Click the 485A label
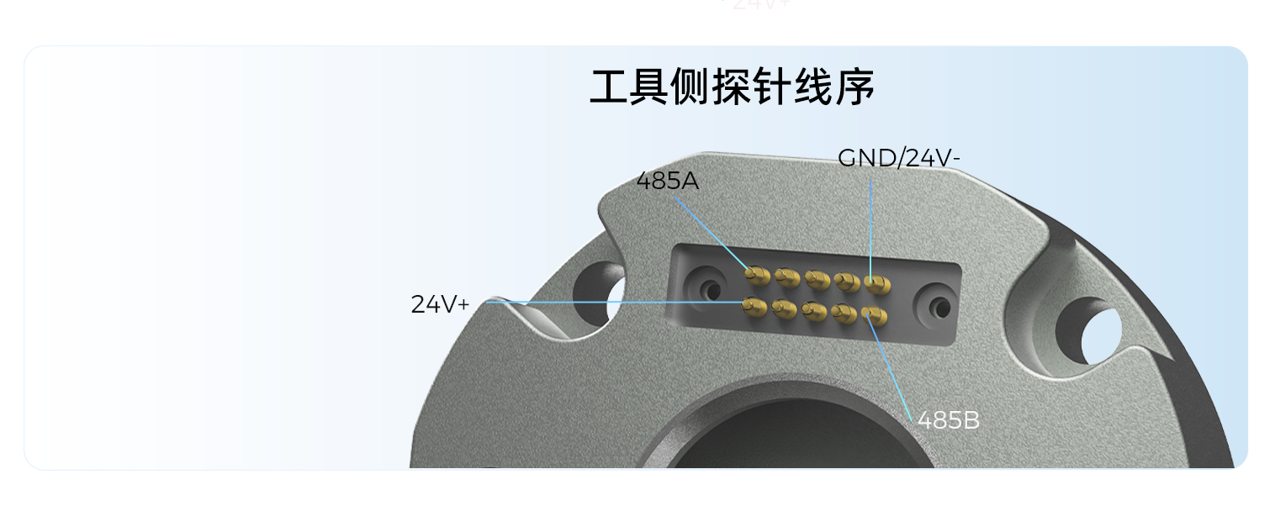[x=667, y=181]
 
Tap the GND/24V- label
[x=899, y=158]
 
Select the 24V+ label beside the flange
[x=440, y=304]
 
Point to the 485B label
[x=949, y=420]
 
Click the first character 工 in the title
[x=609, y=87]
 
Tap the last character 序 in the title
[x=855, y=87]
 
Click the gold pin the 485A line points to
[x=758, y=276]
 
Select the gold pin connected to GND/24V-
[x=877, y=284]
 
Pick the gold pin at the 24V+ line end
[x=754, y=307]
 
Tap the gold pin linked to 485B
[x=875, y=316]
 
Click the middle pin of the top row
[x=817, y=280]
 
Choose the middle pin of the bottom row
[x=814, y=311]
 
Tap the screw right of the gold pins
[x=938, y=308]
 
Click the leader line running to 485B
[x=891, y=367]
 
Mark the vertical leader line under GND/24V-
[x=870, y=230]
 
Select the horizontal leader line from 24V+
[x=616, y=303]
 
